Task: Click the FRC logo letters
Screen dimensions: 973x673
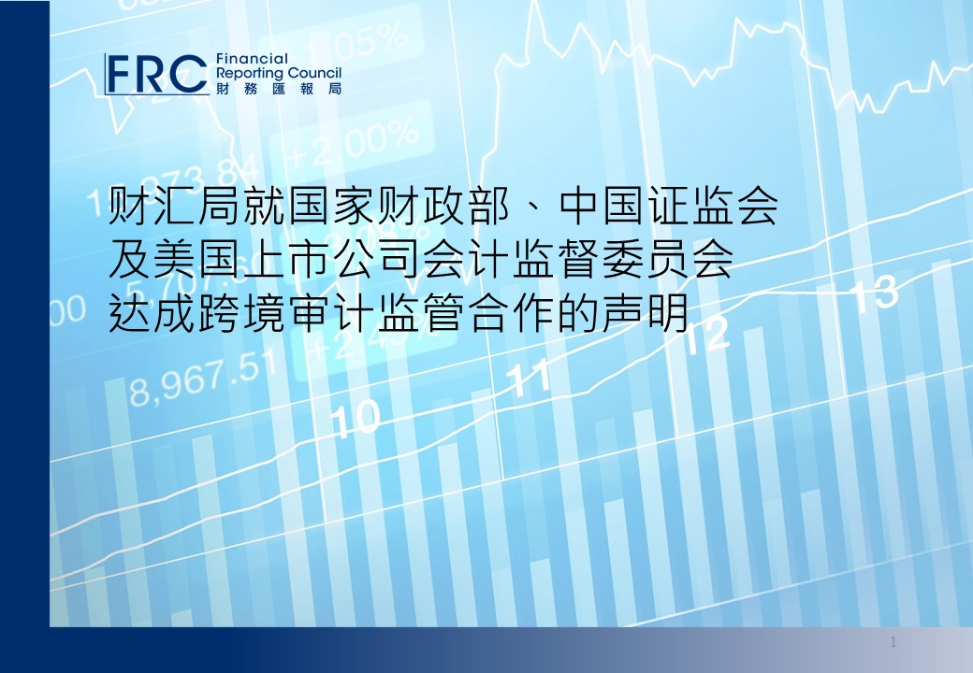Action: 155,75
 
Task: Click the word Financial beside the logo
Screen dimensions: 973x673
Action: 252,59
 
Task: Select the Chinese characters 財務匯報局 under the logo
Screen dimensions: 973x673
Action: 279,89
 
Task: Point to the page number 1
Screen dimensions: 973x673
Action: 893,642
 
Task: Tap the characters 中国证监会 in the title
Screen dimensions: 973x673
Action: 668,207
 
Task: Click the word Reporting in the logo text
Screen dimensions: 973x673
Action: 250,74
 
